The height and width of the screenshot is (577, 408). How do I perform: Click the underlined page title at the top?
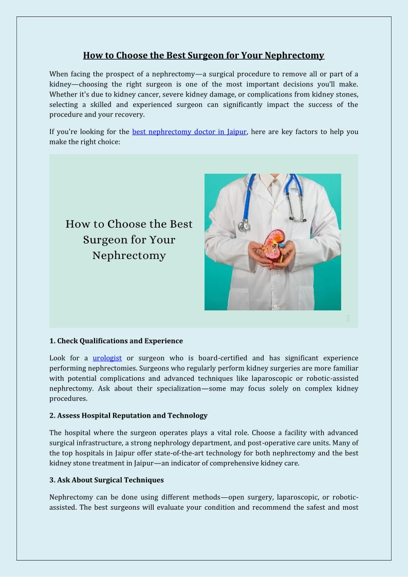(203, 55)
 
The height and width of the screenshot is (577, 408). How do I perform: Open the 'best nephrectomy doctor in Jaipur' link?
(189, 132)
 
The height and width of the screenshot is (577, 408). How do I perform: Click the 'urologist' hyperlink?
(107, 358)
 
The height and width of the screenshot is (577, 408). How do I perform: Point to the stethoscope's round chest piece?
(244, 225)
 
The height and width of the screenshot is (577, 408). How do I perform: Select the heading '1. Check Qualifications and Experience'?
(116, 341)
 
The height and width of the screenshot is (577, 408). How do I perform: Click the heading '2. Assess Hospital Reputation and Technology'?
(128, 415)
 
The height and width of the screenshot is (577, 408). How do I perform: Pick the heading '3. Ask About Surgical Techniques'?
(106, 480)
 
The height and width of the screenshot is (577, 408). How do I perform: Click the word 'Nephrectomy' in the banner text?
(129, 255)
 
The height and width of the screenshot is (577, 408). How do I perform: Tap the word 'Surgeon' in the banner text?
(106, 239)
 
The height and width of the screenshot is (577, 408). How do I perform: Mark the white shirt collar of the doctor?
(273, 181)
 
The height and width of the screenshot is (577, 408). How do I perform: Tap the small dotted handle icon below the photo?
(348, 319)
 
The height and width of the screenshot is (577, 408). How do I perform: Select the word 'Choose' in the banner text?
(128, 224)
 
